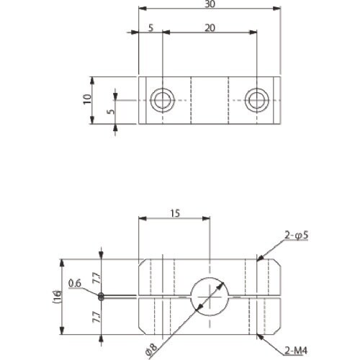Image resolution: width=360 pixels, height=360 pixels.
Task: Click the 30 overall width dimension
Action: (x=210, y=4)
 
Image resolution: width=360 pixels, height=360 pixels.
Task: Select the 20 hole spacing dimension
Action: (x=210, y=28)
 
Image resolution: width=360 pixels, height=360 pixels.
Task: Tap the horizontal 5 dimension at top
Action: (x=150, y=28)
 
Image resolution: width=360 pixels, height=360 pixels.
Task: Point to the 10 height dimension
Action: (x=87, y=99)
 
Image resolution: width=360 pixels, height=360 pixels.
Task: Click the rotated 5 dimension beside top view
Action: (x=111, y=112)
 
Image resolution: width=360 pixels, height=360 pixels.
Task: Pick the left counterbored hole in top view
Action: (x=163, y=100)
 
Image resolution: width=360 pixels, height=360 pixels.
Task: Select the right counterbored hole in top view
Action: (x=257, y=100)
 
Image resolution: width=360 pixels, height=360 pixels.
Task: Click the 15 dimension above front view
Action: (x=175, y=213)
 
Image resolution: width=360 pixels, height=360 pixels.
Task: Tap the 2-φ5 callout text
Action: (x=296, y=235)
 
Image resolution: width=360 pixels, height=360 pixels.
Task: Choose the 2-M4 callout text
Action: (x=296, y=351)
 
